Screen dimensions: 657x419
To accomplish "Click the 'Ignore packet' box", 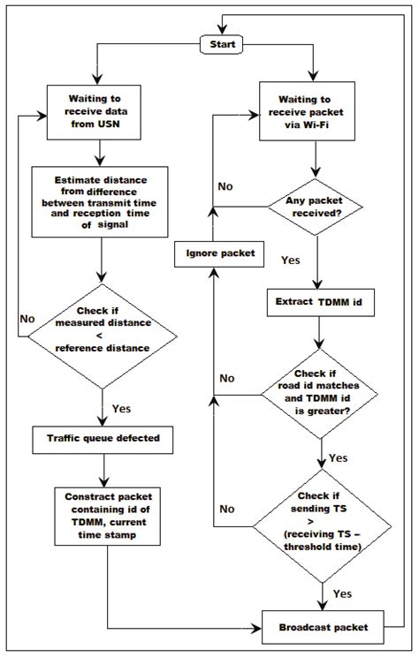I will pos(214,254).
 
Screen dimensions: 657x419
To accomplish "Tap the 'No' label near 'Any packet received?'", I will pos(226,187).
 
